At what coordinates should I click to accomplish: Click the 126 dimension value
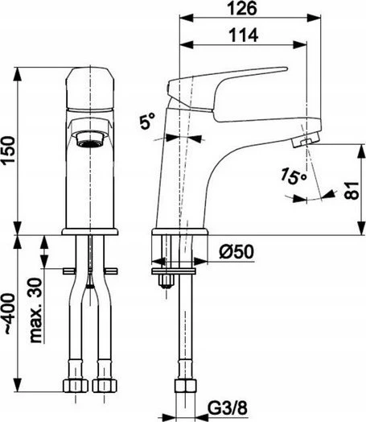pos(242,8)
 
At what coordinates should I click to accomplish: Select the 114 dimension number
pos(244,35)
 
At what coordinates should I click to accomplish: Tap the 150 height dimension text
pos(7,150)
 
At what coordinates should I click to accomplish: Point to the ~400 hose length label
pos(10,314)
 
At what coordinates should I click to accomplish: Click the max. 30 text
pos(36,310)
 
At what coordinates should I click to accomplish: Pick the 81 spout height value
pos(352,191)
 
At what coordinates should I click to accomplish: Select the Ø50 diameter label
pos(236,251)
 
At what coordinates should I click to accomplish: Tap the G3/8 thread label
pos(228,408)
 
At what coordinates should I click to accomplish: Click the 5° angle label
pos(147,121)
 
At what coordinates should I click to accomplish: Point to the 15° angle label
pos(294,176)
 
